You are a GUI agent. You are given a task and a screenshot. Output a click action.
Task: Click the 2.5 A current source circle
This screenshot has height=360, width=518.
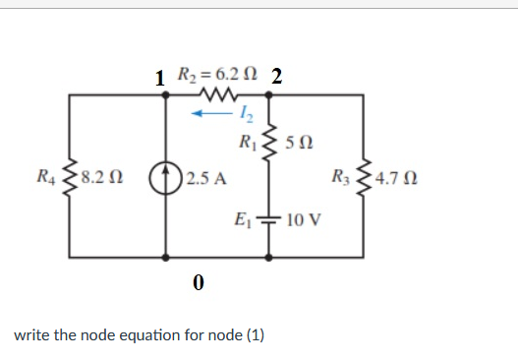pos(162,179)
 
